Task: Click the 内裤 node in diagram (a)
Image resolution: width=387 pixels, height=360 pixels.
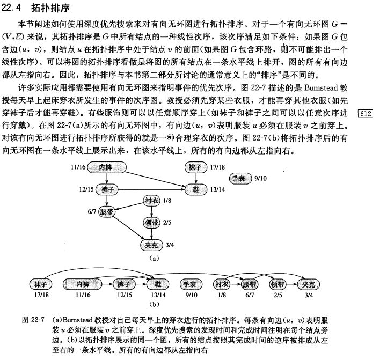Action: [107, 167]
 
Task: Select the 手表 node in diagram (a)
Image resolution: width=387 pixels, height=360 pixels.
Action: [240, 178]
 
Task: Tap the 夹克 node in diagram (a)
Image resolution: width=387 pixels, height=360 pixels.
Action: [151, 245]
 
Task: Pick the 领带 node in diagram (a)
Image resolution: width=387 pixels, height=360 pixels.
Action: [151, 223]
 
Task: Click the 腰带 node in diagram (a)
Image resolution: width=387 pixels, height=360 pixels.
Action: [107, 212]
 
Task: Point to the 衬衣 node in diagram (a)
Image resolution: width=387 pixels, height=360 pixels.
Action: [151, 201]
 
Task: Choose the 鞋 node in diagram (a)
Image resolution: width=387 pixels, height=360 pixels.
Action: [196, 189]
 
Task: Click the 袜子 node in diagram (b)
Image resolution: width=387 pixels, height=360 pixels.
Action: [41, 284]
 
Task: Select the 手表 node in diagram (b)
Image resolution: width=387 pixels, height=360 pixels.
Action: [191, 284]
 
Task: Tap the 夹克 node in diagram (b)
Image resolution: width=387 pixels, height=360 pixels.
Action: [309, 284]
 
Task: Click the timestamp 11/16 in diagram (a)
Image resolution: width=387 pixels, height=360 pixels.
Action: [78, 167]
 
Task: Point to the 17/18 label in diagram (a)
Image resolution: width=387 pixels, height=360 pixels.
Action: [217, 167]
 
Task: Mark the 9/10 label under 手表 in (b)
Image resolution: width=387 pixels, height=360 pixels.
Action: [191, 295]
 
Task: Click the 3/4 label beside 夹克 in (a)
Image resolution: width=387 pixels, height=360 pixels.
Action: [170, 245]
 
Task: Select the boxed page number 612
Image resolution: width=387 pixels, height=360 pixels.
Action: [366, 113]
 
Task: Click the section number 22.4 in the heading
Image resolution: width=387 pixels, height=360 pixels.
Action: [11, 8]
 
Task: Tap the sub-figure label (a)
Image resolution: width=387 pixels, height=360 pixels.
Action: [155, 259]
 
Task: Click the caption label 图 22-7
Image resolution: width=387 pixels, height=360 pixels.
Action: [33, 320]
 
